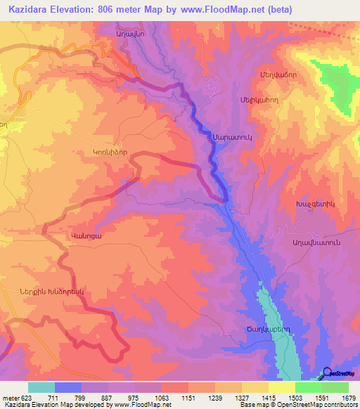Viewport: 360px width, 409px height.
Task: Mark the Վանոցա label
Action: pos(86,237)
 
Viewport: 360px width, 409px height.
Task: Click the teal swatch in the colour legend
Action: pos(41,387)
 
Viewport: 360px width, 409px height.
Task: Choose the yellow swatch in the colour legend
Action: pos(282,387)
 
